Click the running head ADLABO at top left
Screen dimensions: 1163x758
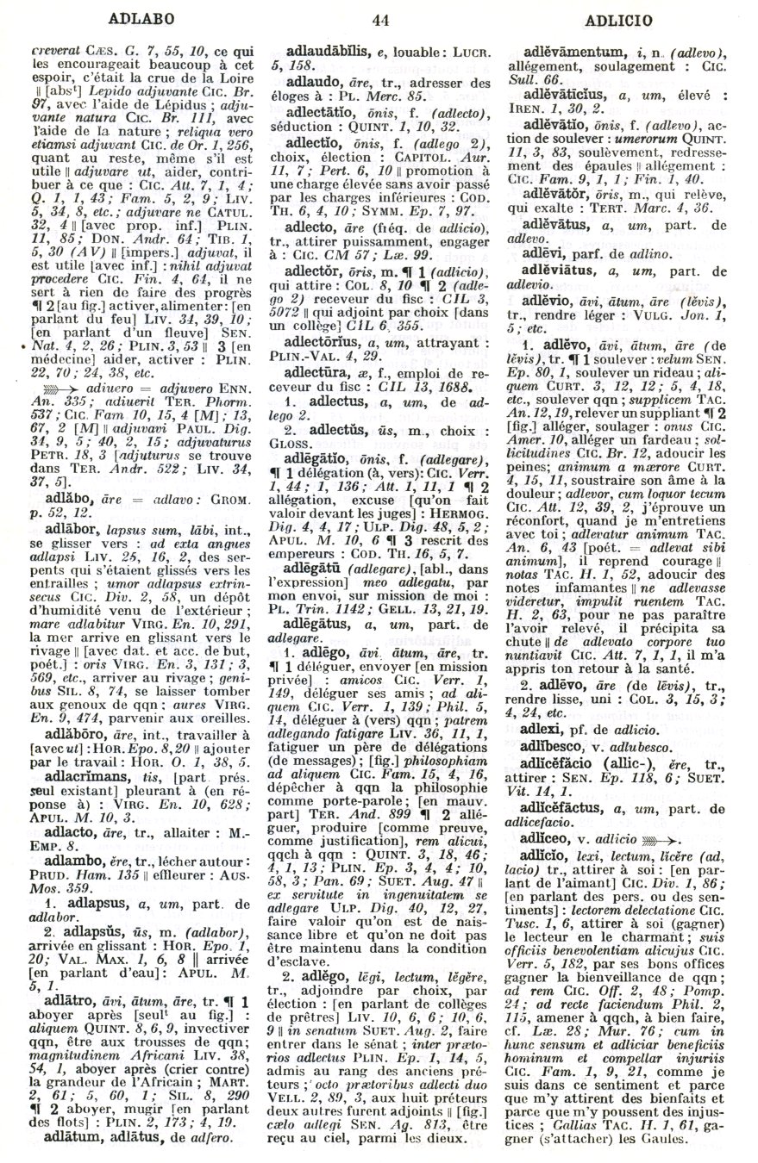[x=143, y=17]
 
